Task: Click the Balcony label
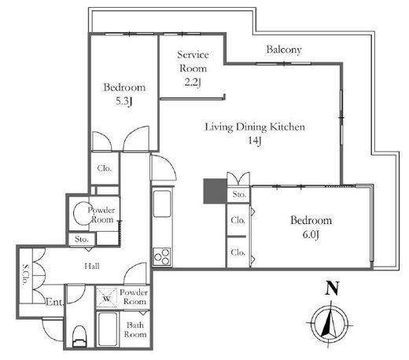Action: (x=284, y=50)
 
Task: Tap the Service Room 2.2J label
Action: (x=193, y=68)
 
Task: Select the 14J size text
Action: (x=255, y=141)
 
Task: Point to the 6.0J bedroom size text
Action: (x=311, y=234)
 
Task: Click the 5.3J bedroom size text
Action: (x=123, y=101)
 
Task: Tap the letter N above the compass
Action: (x=332, y=288)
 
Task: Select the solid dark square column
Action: (x=216, y=191)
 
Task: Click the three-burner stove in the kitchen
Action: (x=162, y=257)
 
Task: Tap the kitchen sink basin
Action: (x=162, y=204)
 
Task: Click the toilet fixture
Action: (x=79, y=336)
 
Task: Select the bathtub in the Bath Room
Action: (x=108, y=329)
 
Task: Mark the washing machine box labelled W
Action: (x=106, y=298)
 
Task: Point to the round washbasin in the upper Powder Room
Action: (x=82, y=213)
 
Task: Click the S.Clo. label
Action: (x=25, y=274)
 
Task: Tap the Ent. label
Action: (x=54, y=302)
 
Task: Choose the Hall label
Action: (x=92, y=266)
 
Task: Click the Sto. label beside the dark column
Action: (x=239, y=194)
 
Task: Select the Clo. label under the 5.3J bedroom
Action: (x=104, y=168)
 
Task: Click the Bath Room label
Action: (x=135, y=329)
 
